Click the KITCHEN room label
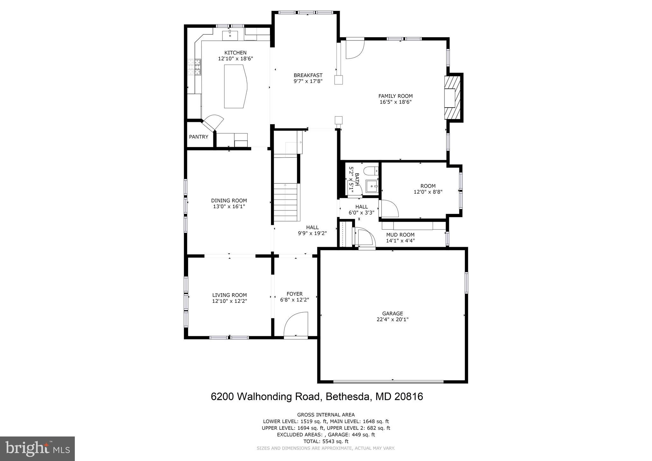235,53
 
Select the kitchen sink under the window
230,35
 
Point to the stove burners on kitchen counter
194,67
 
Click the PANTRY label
198,137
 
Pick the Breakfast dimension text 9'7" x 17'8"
308,81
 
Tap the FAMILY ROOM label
395,96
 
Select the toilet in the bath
370,171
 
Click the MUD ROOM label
400,235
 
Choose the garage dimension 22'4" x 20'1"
393,319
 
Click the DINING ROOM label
229,201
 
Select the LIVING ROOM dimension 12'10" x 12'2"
230,301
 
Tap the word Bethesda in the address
349,397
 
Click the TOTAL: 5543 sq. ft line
326,441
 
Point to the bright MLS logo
37,449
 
